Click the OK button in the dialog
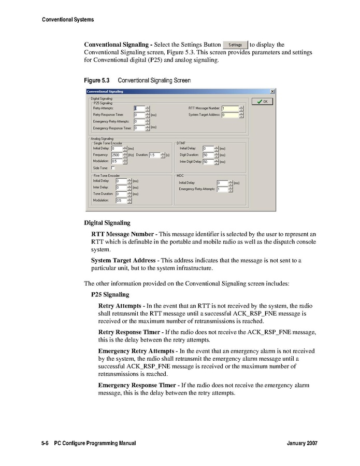[x=262, y=102]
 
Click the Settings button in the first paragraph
[x=235, y=45]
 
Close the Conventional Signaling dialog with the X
[x=272, y=92]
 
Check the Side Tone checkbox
[x=113, y=168]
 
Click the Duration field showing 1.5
[x=154, y=155]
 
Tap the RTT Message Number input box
[x=230, y=108]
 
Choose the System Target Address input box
[x=230, y=115]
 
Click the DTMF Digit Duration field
[x=207, y=155]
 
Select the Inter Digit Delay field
[x=207, y=162]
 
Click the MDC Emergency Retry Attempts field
[x=222, y=189]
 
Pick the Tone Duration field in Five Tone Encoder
[x=121, y=194]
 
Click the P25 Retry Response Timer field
[x=139, y=115]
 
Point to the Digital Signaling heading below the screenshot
[x=107, y=223]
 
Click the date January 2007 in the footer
[x=301, y=444]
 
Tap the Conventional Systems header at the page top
[x=68, y=20]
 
